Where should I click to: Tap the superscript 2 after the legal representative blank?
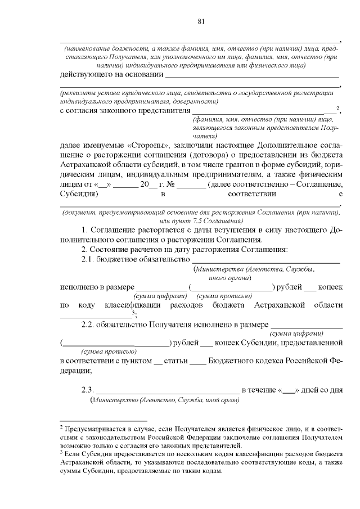click(337, 108)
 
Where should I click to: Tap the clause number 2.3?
click(89, 390)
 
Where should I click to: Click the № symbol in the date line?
click(169, 184)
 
